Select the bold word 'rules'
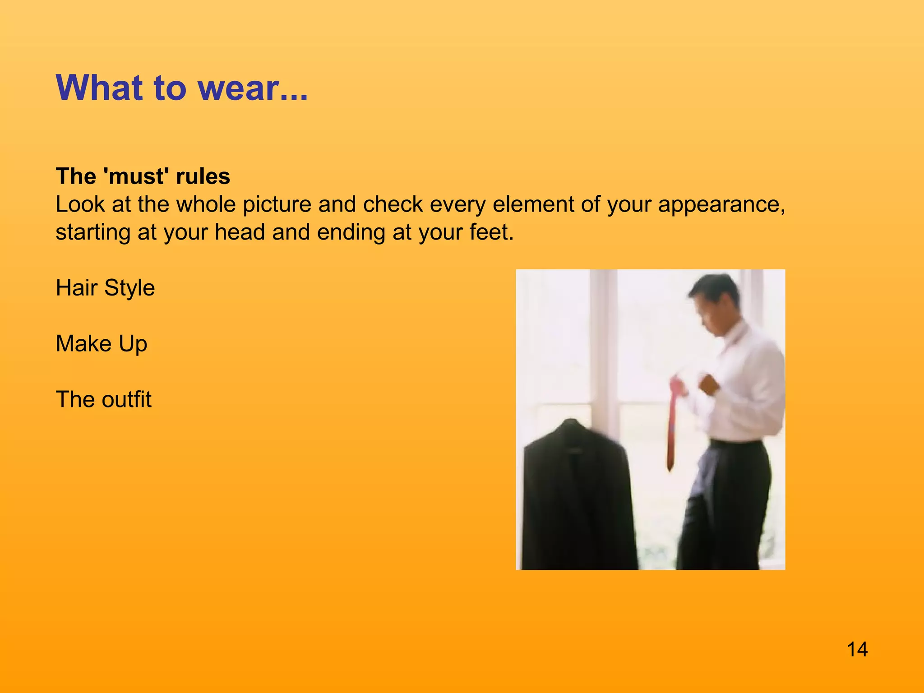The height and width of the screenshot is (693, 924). (203, 176)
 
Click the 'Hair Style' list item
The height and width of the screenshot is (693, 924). (105, 288)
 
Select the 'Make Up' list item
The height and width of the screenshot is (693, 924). (102, 344)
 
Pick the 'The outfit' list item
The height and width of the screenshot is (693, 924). (103, 400)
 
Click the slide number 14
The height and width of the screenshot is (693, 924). (857, 650)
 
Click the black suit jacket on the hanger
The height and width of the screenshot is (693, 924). (577, 496)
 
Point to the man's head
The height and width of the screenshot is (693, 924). (715, 302)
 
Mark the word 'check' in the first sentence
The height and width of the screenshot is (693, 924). (393, 204)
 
